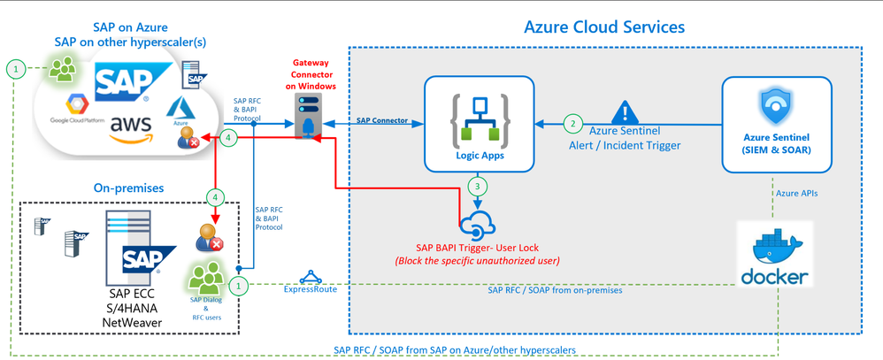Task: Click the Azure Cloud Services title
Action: click(x=604, y=27)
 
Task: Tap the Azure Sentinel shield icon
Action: click(x=776, y=106)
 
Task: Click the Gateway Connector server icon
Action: click(x=308, y=117)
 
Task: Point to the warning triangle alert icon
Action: click(x=625, y=112)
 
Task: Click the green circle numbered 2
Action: click(x=572, y=125)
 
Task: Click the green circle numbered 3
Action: click(x=478, y=187)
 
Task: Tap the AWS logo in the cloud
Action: click(x=131, y=128)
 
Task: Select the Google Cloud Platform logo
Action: click(x=78, y=110)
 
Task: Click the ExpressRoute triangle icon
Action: click(x=309, y=278)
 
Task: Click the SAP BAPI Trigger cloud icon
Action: click(x=478, y=225)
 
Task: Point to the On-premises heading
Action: click(x=128, y=188)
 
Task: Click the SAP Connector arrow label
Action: click(x=382, y=120)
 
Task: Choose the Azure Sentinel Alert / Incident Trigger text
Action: click(x=625, y=137)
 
